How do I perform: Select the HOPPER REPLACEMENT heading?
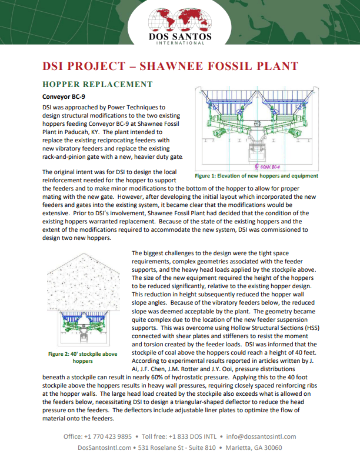point(97,84)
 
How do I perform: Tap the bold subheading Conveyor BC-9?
point(64,96)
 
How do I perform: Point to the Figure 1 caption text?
point(256,175)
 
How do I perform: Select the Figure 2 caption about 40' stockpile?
point(82,357)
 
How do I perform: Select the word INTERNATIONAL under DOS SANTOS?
point(180,43)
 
